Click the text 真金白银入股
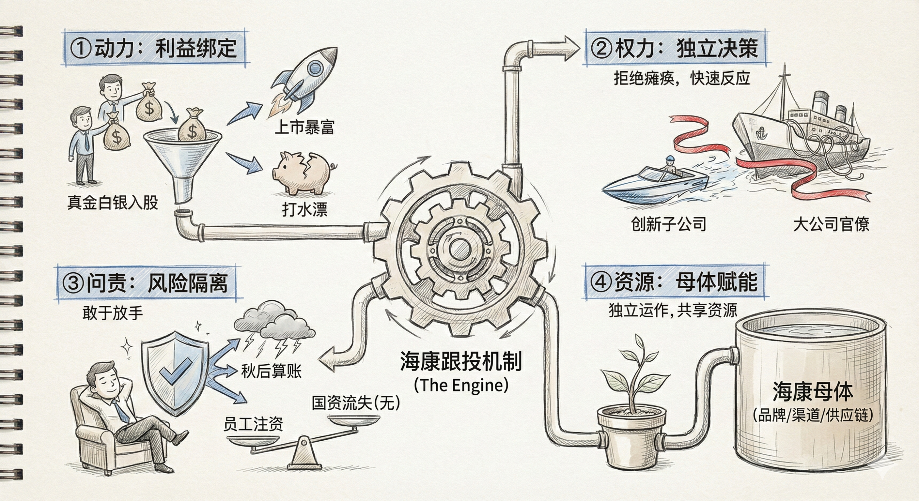coord(113,203)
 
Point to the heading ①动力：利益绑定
coord(156,48)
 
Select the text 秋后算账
coord(272,371)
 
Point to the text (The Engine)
coord(461,385)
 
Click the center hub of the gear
coord(460,249)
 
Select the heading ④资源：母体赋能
coord(674,282)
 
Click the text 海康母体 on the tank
coord(813,391)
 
